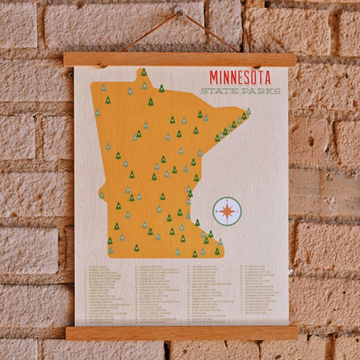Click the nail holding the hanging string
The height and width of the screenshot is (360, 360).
click(x=180, y=11)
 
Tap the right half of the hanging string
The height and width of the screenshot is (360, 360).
click(x=210, y=32)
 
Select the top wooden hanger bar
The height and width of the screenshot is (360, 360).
click(x=180, y=59)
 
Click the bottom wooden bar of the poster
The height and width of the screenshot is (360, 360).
click(x=181, y=332)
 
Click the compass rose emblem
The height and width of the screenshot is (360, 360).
click(x=227, y=211)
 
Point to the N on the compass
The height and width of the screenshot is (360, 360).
click(x=227, y=201)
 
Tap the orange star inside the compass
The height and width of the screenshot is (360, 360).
click(x=227, y=211)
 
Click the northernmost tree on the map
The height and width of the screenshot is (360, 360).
click(x=143, y=72)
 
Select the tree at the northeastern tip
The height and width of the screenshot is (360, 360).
click(x=248, y=111)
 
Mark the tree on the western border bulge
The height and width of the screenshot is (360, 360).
click(x=102, y=195)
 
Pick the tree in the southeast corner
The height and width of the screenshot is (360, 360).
click(x=217, y=251)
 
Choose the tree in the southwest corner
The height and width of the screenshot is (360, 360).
click(x=111, y=251)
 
